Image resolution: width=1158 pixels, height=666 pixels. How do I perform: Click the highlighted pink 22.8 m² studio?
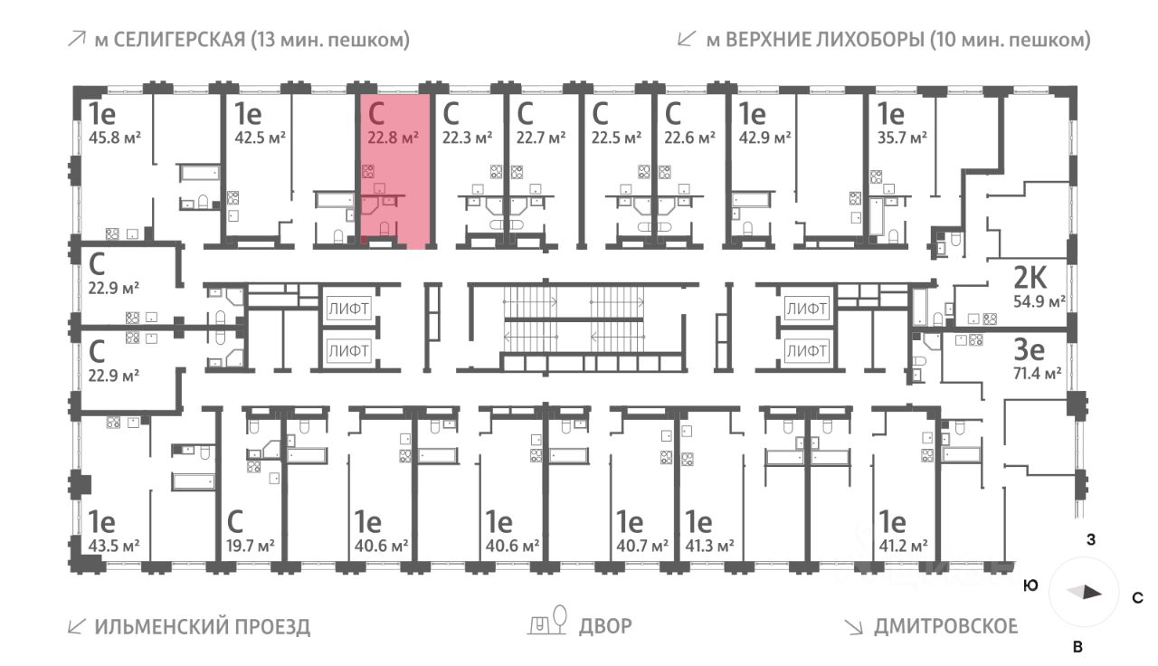(x=393, y=172)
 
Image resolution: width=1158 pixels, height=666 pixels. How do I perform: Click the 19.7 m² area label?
(x=248, y=546)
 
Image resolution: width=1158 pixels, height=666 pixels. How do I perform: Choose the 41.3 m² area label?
(x=708, y=546)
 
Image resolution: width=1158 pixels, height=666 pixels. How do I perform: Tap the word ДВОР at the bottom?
(x=606, y=626)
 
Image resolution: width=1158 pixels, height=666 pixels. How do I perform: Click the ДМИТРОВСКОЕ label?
(x=946, y=626)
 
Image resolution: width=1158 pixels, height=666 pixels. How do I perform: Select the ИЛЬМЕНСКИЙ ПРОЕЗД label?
(x=202, y=626)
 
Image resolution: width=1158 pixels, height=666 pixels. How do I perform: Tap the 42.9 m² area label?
(x=764, y=138)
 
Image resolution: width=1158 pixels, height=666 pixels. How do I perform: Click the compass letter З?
(x=1091, y=540)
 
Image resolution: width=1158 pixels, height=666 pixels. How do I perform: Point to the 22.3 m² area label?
(x=465, y=138)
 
